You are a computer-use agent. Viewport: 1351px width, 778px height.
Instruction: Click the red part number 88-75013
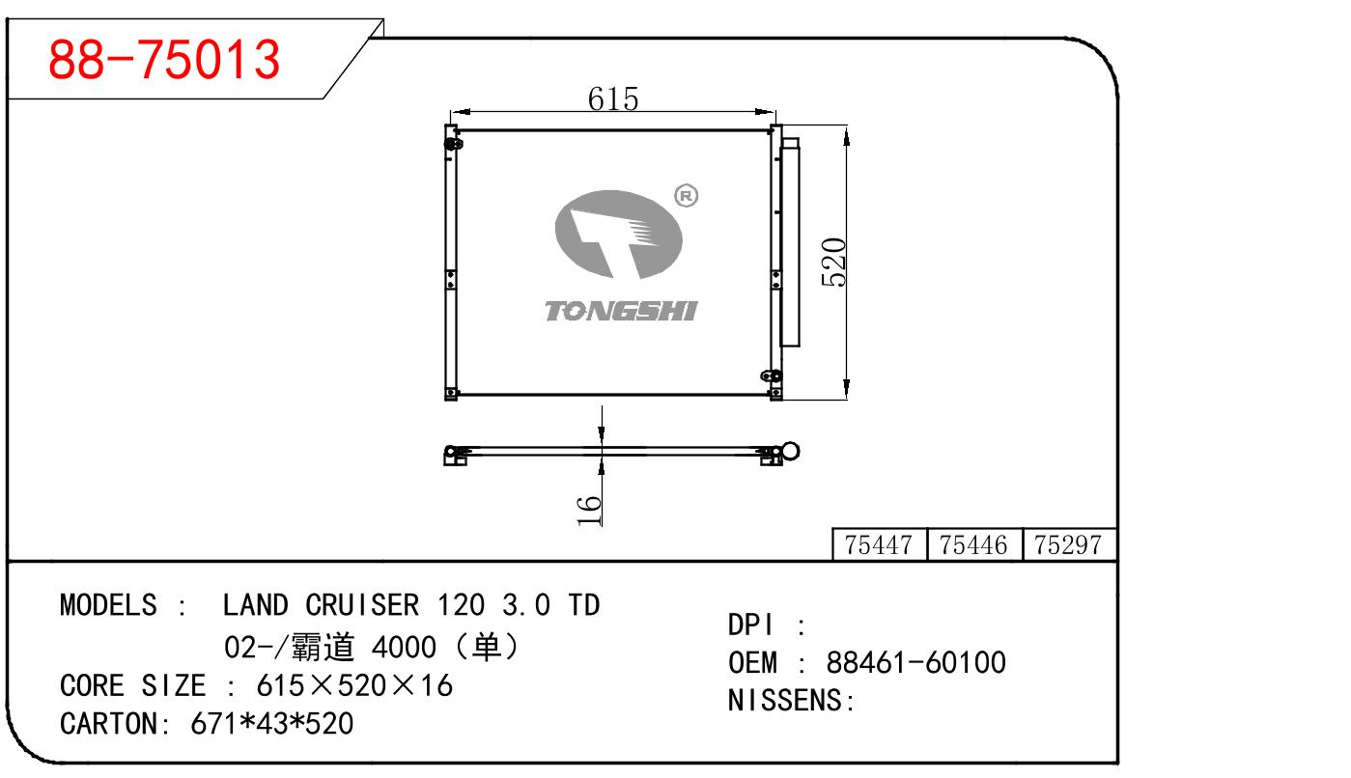(x=164, y=60)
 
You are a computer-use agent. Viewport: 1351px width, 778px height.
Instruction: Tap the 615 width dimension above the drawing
(x=613, y=97)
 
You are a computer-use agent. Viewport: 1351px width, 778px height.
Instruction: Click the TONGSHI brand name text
(x=620, y=310)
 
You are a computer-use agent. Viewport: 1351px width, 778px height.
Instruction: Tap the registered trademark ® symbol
(x=687, y=196)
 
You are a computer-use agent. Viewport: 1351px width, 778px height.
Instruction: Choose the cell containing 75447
(x=878, y=545)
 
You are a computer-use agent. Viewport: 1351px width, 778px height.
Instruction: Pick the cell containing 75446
(x=973, y=545)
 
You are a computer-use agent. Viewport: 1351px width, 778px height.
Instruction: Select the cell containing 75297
(x=1067, y=545)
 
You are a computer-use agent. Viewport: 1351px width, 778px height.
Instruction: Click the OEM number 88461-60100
(x=915, y=663)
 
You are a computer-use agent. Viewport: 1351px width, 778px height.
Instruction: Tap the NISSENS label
(x=791, y=701)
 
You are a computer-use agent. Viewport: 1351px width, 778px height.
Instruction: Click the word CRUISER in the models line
(x=362, y=605)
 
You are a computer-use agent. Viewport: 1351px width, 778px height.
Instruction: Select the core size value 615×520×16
(x=353, y=685)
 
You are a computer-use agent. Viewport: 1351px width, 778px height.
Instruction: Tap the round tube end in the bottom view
(x=791, y=452)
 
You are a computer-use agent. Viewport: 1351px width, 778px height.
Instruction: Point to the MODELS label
(x=107, y=605)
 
